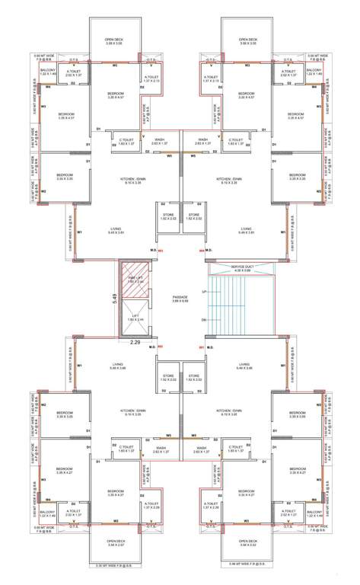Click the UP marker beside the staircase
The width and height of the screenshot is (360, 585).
[x=203, y=291]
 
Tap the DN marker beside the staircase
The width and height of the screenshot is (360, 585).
[x=203, y=320]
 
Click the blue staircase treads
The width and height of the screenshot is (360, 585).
[x=236, y=305]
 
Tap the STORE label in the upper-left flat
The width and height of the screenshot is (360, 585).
[x=167, y=216]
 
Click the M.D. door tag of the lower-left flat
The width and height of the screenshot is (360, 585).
[x=153, y=348]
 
